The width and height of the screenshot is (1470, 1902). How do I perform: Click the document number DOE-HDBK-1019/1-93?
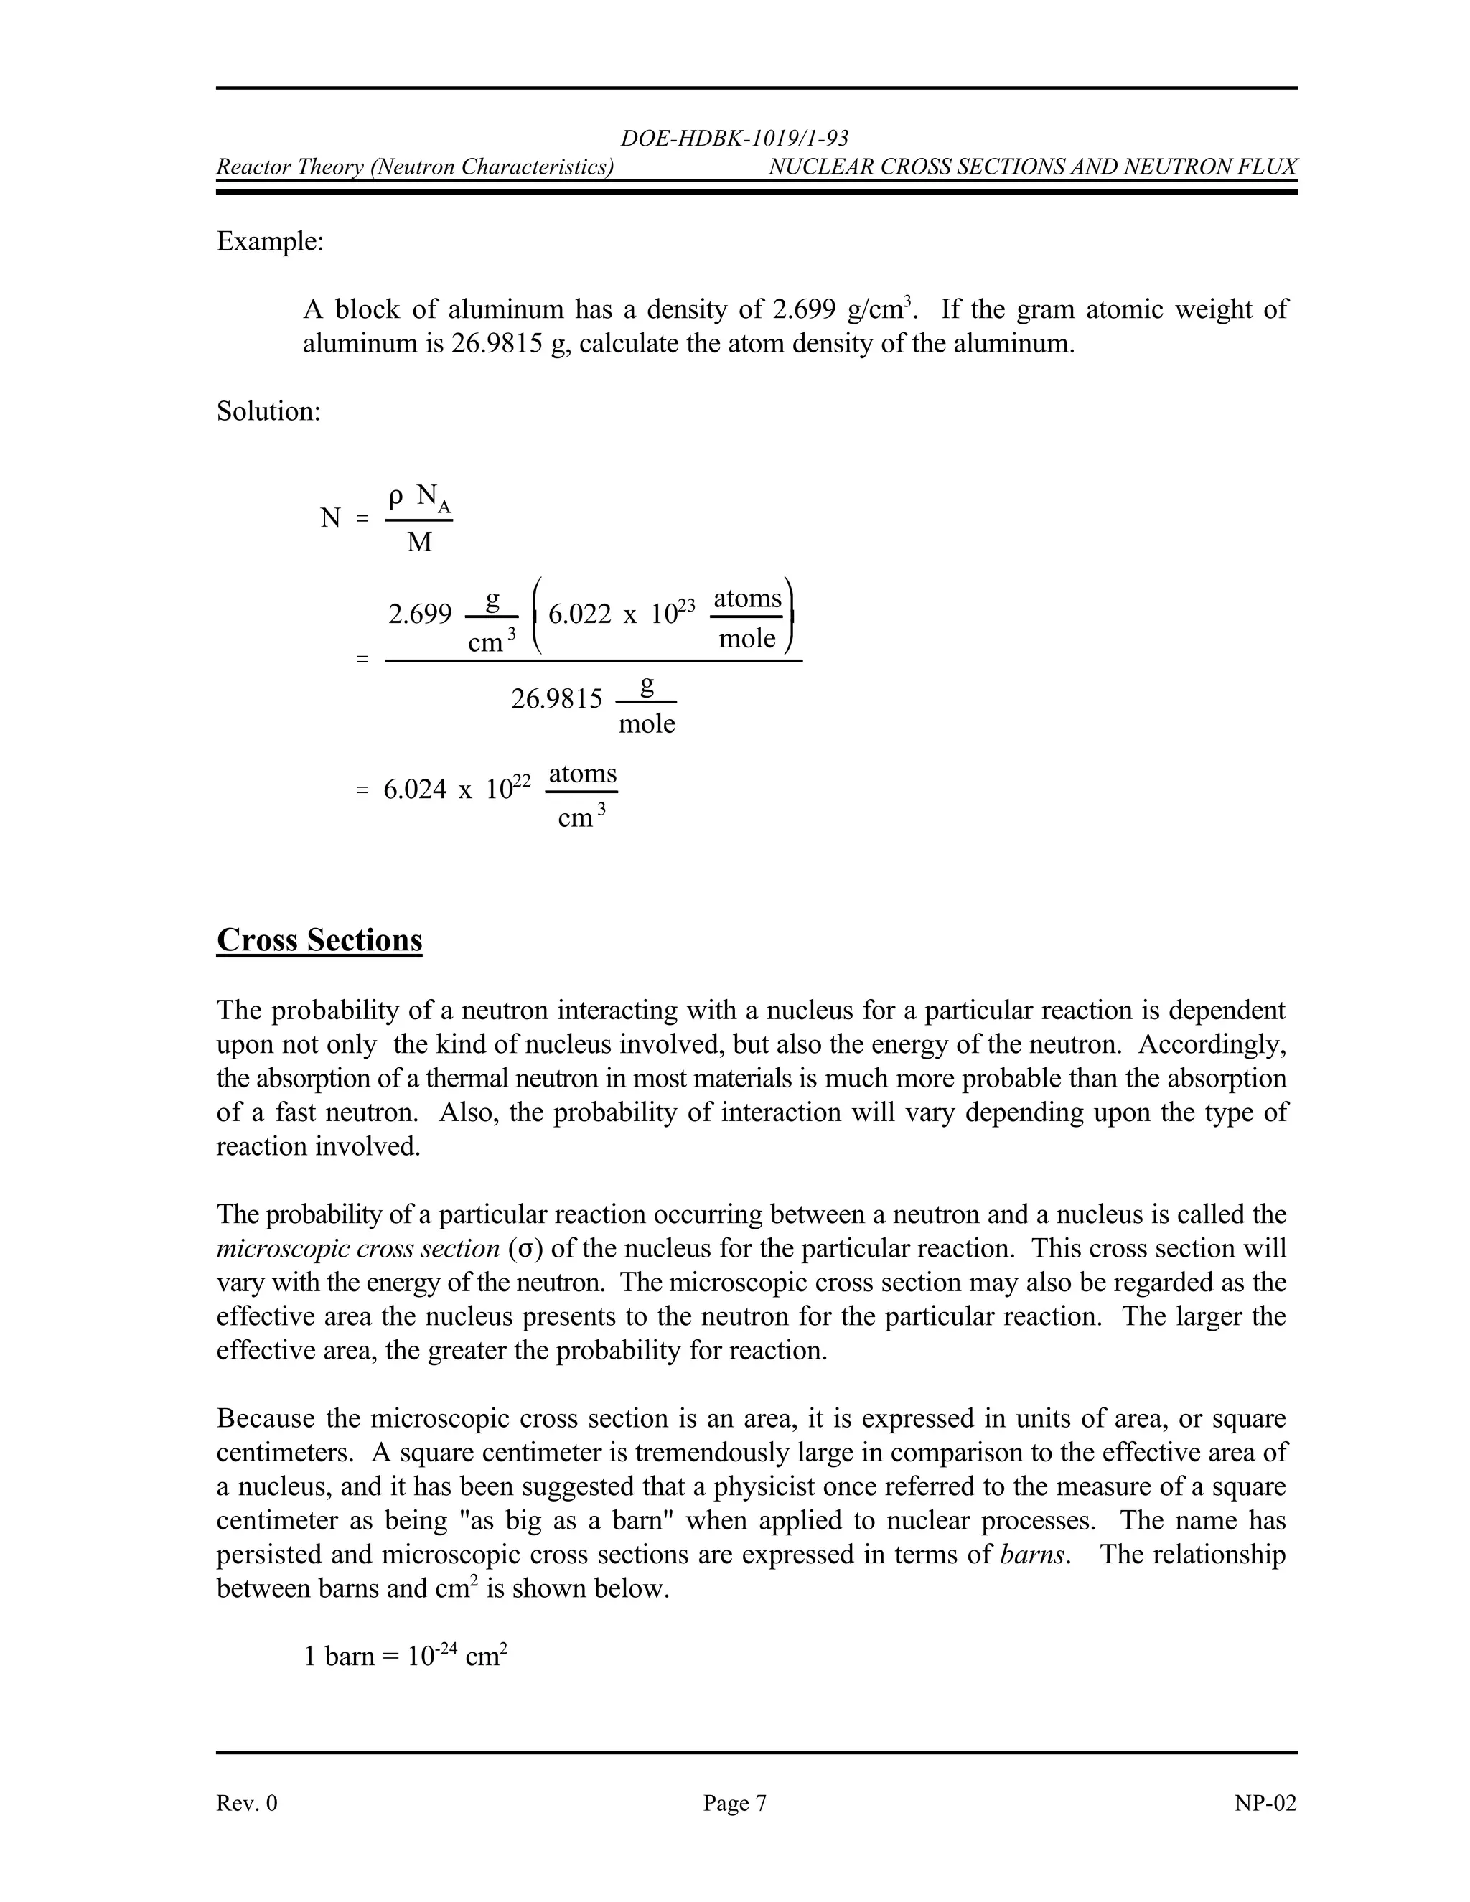pyautogui.click(x=734, y=139)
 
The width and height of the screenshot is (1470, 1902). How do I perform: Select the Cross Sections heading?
pyautogui.click(x=319, y=940)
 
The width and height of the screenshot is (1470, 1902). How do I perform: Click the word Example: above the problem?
pyautogui.click(x=270, y=241)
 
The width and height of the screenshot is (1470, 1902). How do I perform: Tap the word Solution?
pyautogui.click(x=268, y=411)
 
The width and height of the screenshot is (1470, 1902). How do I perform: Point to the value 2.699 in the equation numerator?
pyautogui.click(x=420, y=615)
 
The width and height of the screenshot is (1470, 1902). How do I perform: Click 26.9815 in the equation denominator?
pyautogui.click(x=556, y=698)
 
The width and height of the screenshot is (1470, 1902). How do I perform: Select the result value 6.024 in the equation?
pyautogui.click(x=415, y=790)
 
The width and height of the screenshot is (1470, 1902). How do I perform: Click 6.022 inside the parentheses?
pyautogui.click(x=580, y=615)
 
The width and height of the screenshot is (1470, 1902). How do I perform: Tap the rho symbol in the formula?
pyautogui.click(x=395, y=497)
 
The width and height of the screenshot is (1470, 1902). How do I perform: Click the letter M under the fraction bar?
pyautogui.click(x=419, y=543)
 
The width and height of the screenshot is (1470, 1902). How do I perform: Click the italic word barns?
pyautogui.click(x=1032, y=1555)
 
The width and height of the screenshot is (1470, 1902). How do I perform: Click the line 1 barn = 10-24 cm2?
pyautogui.click(x=406, y=1656)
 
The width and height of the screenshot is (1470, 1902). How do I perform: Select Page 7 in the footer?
pyautogui.click(x=735, y=1803)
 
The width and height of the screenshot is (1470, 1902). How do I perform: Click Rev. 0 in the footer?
pyautogui.click(x=246, y=1803)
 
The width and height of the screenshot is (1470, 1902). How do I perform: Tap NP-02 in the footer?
pyautogui.click(x=1265, y=1803)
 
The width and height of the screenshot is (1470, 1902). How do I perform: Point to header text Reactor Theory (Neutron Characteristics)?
pyautogui.click(x=415, y=167)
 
